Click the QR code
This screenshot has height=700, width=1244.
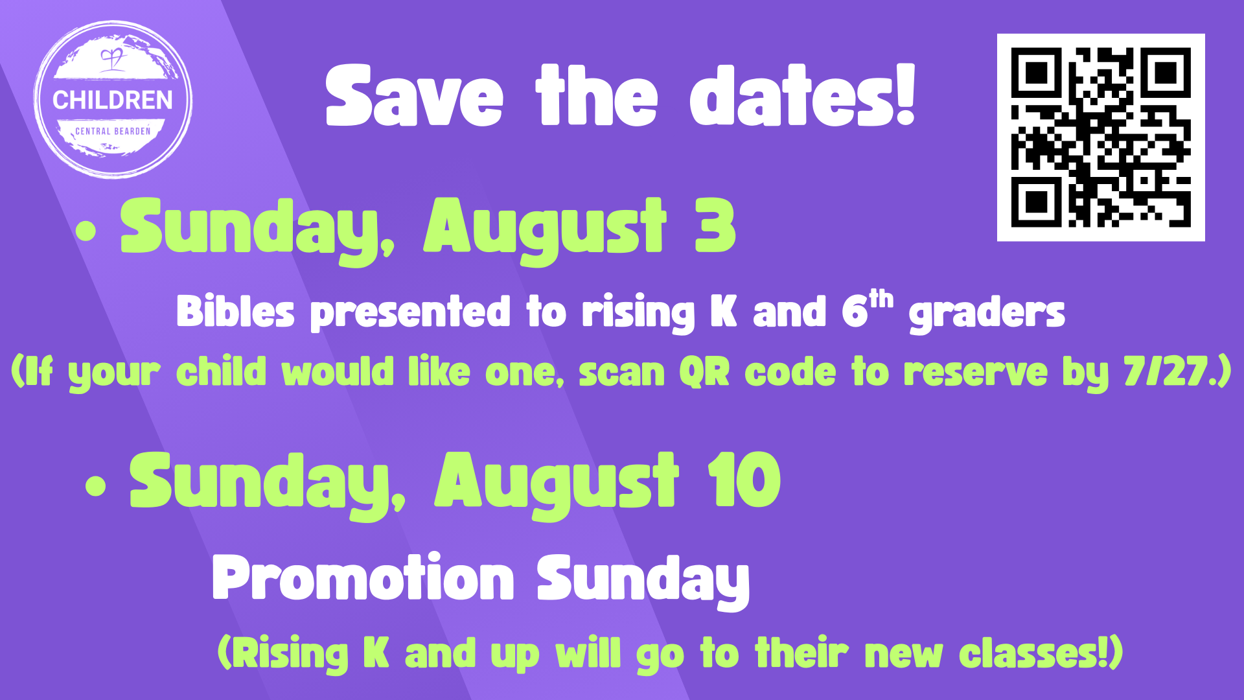click(x=1101, y=137)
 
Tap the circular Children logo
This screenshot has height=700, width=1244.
click(x=113, y=99)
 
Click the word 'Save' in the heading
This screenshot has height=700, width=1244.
click(x=415, y=95)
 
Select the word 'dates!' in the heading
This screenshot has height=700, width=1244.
click(x=803, y=94)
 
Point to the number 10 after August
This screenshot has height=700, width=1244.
click(x=744, y=480)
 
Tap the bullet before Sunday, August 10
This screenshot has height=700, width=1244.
click(x=95, y=486)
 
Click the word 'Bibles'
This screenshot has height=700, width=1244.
click(x=235, y=311)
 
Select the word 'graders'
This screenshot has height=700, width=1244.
click(x=987, y=314)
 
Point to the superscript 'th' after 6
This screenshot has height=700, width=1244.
click(x=881, y=299)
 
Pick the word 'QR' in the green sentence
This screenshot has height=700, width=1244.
click(x=704, y=372)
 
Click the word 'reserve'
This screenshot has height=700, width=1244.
click(x=975, y=373)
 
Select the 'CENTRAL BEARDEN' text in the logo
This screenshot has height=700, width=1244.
click(x=113, y=131)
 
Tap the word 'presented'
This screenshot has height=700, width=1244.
click(x=411, y=312)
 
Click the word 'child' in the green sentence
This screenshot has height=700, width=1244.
click(x=221, y=371)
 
